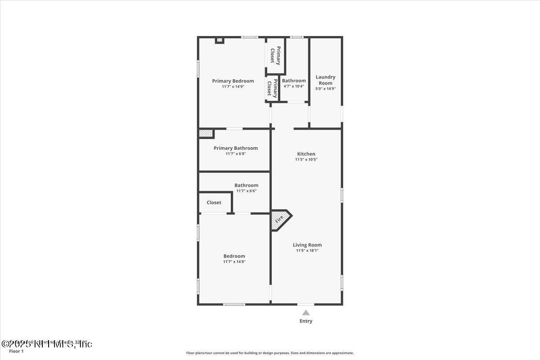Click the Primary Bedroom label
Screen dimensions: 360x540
(x=233, y=81)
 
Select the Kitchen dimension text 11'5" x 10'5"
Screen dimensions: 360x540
(x=306, y=159)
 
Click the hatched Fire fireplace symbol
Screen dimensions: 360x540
(x=280, y=220)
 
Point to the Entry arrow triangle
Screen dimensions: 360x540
(x=306, y=313)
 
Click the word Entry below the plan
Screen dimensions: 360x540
(x=306, y=321)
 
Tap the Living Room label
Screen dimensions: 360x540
(x=307, y=245)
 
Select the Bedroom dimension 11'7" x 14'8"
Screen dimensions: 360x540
(x=234, y=261)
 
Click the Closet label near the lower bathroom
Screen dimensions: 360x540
(x=214, y=202)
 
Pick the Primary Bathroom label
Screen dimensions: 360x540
(x=235, y=148)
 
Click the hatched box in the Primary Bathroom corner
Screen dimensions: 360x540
(x=206, y=134)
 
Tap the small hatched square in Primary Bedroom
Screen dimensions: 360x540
(x=219, y=40)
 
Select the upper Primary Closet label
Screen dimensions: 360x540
(x=275, y=55)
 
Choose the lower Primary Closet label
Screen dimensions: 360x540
(x=272, y=88)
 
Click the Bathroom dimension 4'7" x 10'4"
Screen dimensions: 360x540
(x=293, y=86)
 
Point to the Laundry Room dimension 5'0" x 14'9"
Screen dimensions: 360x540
(x=325, y=89)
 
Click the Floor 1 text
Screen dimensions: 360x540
(x=16, y=351)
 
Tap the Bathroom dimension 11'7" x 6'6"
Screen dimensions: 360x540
(x=246, y=191)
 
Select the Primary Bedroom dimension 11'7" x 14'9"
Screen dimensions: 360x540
(x=233, y=86)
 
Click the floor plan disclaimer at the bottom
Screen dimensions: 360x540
(x=270, y=353)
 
